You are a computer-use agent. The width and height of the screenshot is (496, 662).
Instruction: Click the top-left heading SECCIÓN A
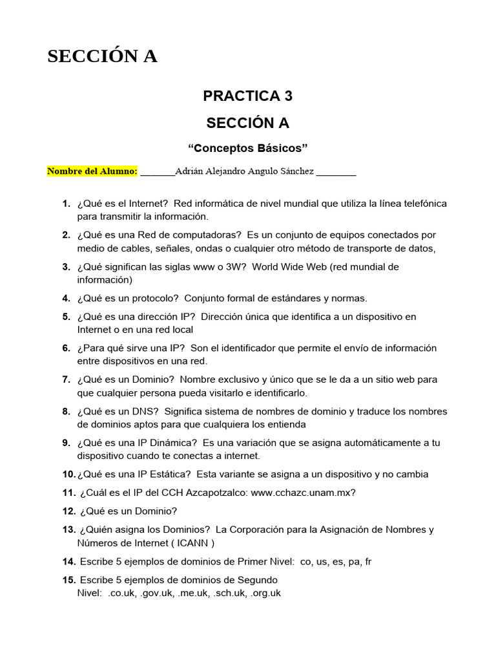(102, 57)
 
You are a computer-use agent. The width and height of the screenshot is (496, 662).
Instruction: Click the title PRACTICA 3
(247, 96)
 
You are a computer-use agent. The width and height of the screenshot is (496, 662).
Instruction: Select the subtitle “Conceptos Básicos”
(247, 148)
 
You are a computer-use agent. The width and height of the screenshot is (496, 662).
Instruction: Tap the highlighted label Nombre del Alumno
(92, 171)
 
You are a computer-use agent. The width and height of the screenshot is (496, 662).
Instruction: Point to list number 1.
(66, 204)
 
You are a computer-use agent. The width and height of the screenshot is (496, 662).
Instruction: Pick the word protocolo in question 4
(156, 298)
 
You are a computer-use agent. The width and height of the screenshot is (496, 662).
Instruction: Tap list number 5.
(66, 317)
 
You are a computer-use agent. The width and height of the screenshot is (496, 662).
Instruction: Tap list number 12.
(69, 511)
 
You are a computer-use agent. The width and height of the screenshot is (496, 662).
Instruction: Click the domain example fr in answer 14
(368, 562)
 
